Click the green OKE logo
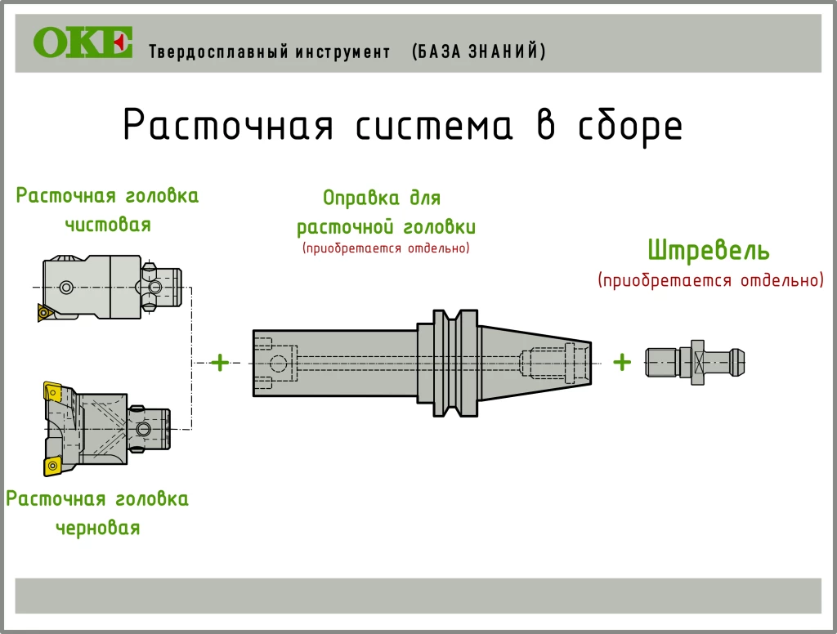tap(83, 42)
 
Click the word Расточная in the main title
tap(229, 125)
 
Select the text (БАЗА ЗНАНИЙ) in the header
tap(479, 51)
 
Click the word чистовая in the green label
tap(108, 224)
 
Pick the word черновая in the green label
tap(98, 528)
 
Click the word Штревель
tap(709, 250)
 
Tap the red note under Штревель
tap(710, 280)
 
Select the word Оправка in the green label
tap(360, 199)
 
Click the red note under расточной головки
tap(386, 248)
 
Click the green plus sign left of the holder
tap(219, 363)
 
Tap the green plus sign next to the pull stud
tap(622, 363)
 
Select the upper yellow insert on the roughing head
tap(52, 392)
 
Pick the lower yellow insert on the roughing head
tap(52, 466)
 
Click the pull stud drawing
tap(695, 363)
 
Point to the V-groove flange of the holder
tap(454, 363)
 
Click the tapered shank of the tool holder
tap(535, 363)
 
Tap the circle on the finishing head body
tap(66, 288)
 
